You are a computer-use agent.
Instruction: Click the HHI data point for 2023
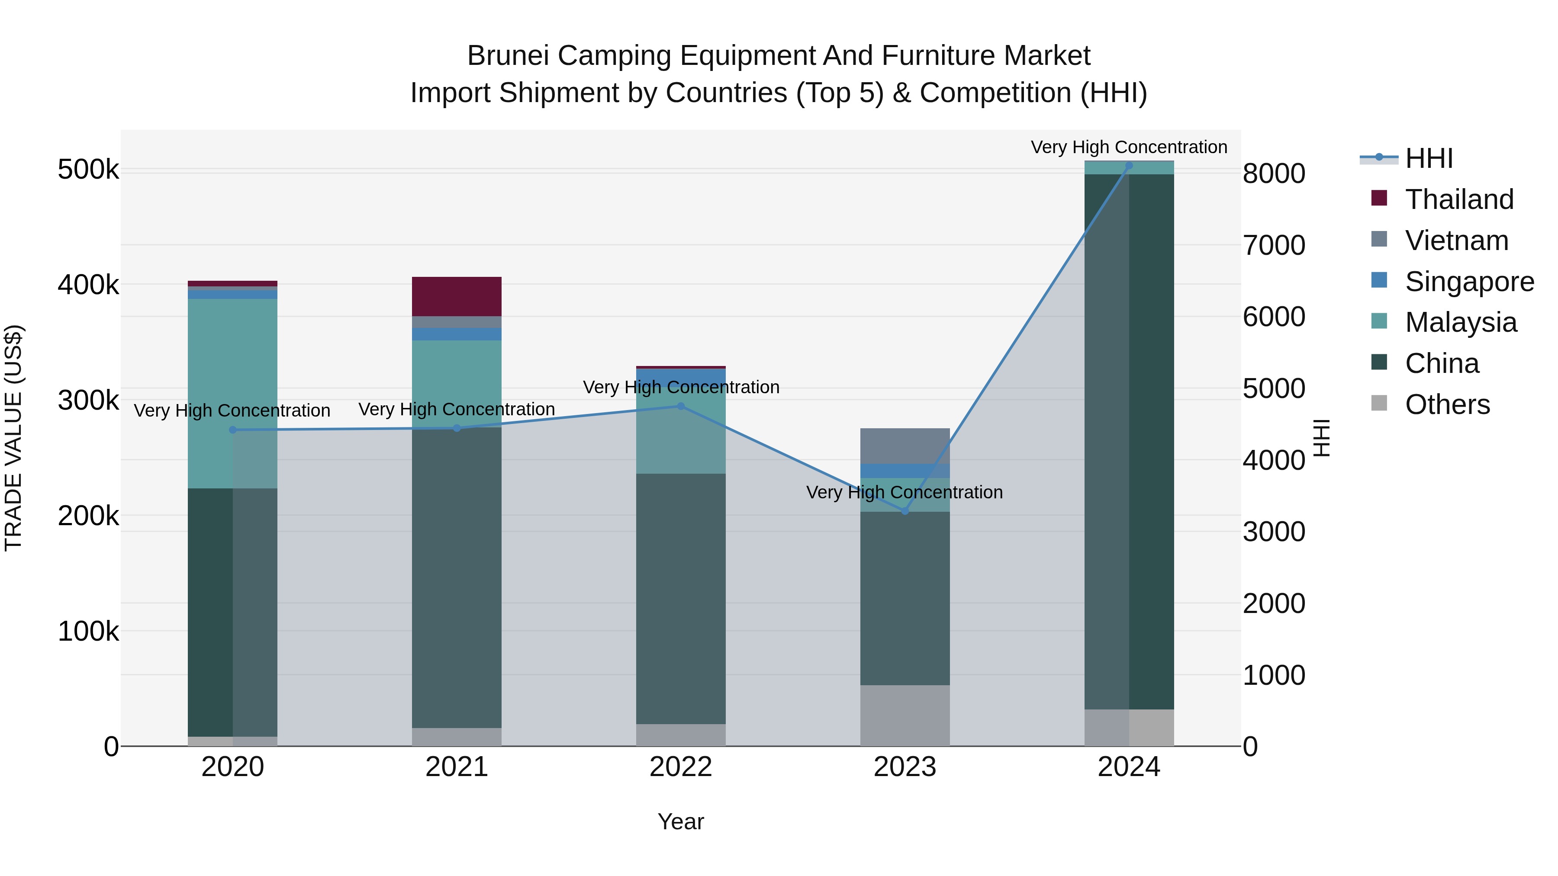(x=905, y=511)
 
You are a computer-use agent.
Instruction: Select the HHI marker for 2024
(x=1129, y=166)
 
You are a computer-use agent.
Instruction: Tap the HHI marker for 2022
(x=681, y=406)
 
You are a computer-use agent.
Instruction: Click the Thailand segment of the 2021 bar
(x=457, y=296)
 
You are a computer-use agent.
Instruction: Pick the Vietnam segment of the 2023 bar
(x=905, y=446)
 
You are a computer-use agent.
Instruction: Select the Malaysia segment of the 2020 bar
(x=232, y=393)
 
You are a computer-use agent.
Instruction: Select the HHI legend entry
(x=1429, y=158)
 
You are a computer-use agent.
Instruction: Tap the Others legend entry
(x=1447, y=404)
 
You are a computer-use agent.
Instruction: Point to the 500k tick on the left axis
(x=88, y=170)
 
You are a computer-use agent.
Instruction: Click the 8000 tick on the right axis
(x=1274, y=174)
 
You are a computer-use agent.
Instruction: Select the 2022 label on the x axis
(x=681, y=767)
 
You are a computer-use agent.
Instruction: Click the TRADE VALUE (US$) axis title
(x=13, y=438)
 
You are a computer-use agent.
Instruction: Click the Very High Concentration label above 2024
(x=1129, y=148)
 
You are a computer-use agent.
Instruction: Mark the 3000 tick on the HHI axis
(x=1274, y=532)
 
